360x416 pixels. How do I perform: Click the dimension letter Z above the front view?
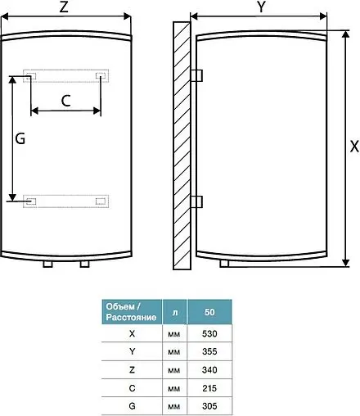tap(64, 7)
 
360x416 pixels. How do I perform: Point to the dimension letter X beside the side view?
tap(353, 147)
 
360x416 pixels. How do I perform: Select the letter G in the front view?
tap(20, 139)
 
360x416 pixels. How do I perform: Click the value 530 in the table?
tap(209, 333)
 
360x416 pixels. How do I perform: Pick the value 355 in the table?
tap(209, 351)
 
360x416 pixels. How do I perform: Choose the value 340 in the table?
tap(209, 369)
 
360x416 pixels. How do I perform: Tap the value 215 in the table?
tap(209, 387)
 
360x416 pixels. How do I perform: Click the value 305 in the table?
tap(209, 405)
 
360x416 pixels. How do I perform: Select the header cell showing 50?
tap(209, 312)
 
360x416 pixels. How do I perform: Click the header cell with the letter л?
tap(173, 312)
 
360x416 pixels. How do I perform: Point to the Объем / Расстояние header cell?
tap(131, 312)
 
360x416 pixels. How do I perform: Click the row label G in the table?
tap(132, 405)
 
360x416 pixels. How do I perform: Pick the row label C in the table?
tap(132, 387)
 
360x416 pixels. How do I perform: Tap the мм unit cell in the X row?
tap(173, 333)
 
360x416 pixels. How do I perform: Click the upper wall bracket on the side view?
tap(196, 75)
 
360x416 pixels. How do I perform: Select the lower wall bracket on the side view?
tap(196, 201)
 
